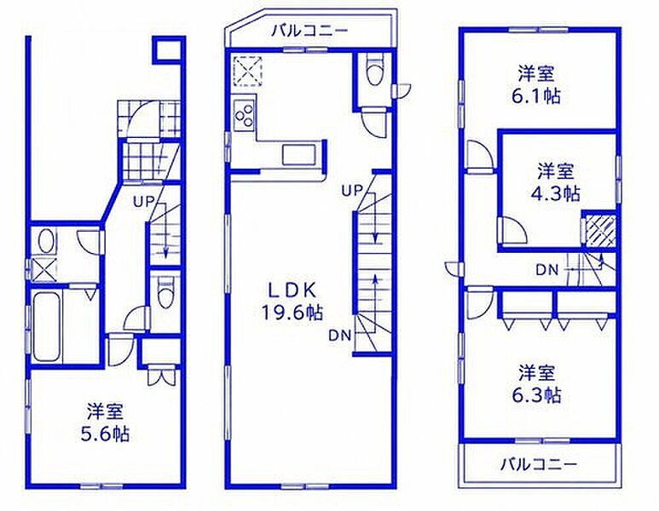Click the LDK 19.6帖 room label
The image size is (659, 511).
[x=292, y=301]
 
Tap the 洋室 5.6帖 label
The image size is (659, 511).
[x=105, y=422]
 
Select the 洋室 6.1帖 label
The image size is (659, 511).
[x=536, y=85]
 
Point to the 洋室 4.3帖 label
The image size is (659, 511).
[x=556, y=182]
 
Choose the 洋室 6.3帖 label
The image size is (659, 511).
[x=536, y=384]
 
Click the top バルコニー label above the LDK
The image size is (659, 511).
[x=309, y=31]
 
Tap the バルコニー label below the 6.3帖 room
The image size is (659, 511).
[x=539, y=464]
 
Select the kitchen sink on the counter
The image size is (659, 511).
[x=299, y=155]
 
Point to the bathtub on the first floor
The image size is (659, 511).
[x=47, y=326]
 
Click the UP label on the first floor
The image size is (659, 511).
[x=144, y=202]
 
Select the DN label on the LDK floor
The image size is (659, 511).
[x=339, y=335]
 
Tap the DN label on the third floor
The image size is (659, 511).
[x=547, y=270]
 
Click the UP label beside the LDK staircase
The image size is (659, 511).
[x=351, y=192]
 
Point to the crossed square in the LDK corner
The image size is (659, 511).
[x=247, y=71]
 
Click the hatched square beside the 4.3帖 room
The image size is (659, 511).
[x=600, y=231]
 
